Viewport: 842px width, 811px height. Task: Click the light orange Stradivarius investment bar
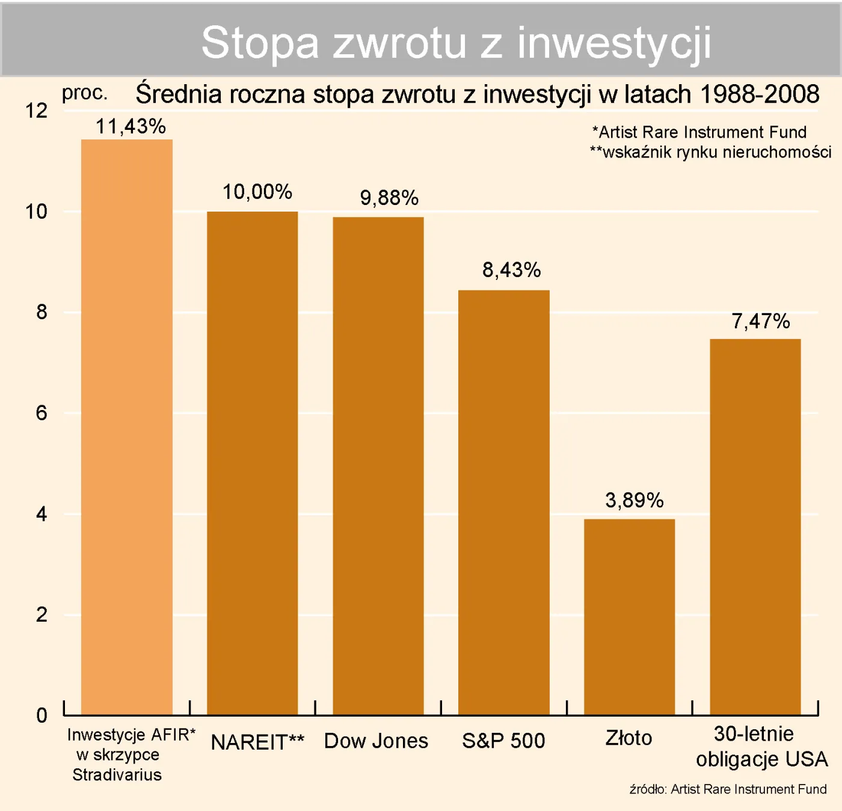pyautogui.click(x=127, y=427)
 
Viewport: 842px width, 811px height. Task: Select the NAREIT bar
pyautogui.click(x=253, y=463)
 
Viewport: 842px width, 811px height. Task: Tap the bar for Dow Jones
pyautogui.click(x=378, y=466)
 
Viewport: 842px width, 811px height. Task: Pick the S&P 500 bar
pyautogui.click(x=504, y=502)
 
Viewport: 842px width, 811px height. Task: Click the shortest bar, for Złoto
pyautogui.click(x=629, y=616)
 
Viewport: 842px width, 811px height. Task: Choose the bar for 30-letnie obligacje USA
pyautogui.click(x=755, y=526)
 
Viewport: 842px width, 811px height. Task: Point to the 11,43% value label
pyautogui.click(x=131, y=126)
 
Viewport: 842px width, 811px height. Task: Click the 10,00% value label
pyautogui.click(x=257, y=192)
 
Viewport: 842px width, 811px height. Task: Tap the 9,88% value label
pyautogui.click(x=389, y=198)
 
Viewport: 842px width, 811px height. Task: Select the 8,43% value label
pyautogui.click(x=511, y=270)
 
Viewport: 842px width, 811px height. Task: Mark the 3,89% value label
pyautogui.click(x=634, y=500)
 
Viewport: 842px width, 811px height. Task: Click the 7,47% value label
pyautogui.click(x=760, y=321)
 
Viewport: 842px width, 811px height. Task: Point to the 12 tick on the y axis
pyautogui.click(x=36, y=111)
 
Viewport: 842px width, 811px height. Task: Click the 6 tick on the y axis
pyautogui.click(x=41, y=413)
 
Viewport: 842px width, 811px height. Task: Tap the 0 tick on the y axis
pyautogui.click(x=41, y=715)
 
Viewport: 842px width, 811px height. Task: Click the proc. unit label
pyautogui.click(x=84, y=93)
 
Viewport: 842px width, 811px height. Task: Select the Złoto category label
pyautogui.click(x=628, y=738)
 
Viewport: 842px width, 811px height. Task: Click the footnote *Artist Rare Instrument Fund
pyautogui.click(x=699, y=132)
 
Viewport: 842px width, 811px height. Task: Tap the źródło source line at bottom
pyautogui.click(x=728, y=789)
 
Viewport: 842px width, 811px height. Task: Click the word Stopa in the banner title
pyautogui.click(x=260, y=43)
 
